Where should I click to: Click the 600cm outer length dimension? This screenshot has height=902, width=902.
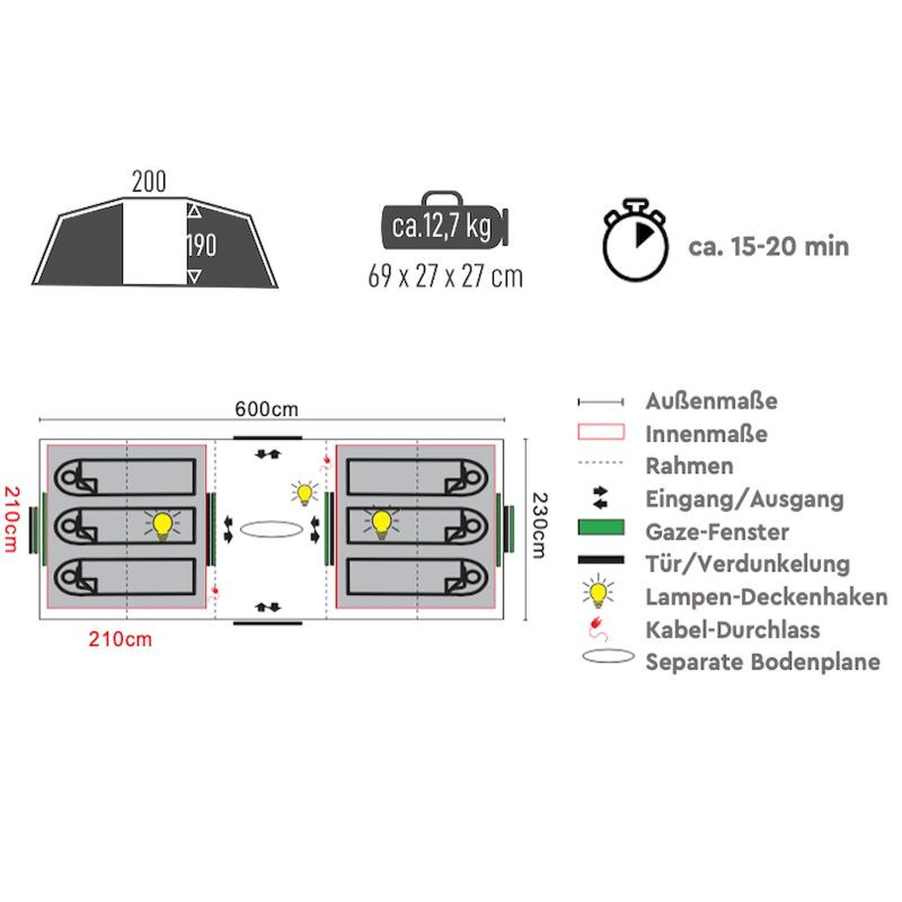point(267,410)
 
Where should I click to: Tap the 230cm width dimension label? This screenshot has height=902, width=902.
point(539,525)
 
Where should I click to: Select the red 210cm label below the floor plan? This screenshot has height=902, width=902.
point(120,639)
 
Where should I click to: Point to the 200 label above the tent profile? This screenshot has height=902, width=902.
point(149,182)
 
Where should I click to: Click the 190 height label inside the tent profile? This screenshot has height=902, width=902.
point(202,245)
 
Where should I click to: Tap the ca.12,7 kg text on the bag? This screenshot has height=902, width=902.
point(442,226)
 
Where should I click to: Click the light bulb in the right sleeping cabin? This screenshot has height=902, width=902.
point(382,523)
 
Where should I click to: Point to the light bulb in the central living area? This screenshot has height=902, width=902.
point(304,494)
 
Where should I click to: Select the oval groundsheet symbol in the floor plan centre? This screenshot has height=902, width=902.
point(271,529)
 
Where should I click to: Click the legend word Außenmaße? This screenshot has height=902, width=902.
point(712,401)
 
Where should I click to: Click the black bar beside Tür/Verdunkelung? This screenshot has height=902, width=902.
point(601,559)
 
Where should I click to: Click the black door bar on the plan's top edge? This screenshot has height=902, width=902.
point(267,437)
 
